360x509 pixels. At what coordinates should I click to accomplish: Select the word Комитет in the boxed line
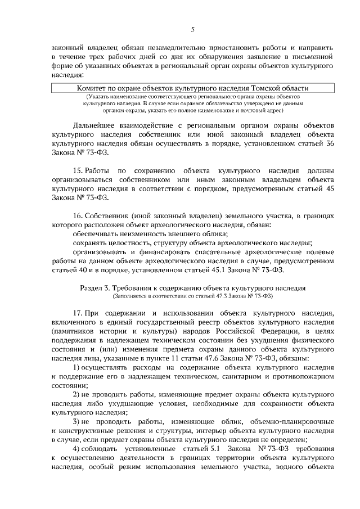[x=92, y=88]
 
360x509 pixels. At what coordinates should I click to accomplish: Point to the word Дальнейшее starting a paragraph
[x=96, y=125]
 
